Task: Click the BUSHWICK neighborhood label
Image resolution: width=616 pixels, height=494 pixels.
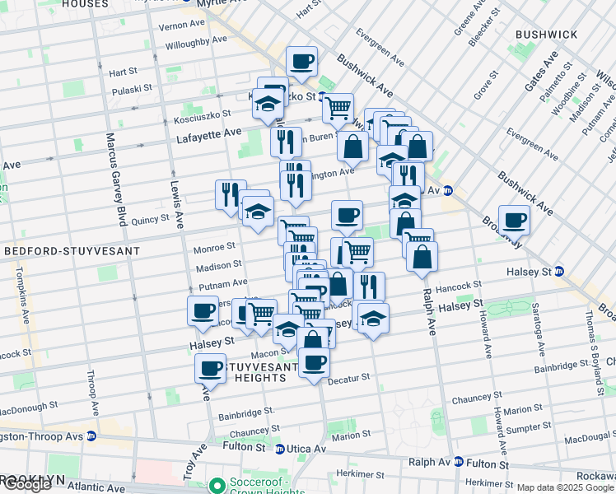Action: [546, 35]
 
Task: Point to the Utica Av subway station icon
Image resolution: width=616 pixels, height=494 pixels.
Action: [280, 449]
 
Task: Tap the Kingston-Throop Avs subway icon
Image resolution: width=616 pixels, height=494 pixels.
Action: [91, 436]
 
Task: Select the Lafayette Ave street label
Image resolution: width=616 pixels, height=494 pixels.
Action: [209, 132]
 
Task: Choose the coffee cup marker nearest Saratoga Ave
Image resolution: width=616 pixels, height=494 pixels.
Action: [514, 221]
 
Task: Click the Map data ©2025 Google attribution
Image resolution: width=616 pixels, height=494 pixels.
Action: [565, 488]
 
